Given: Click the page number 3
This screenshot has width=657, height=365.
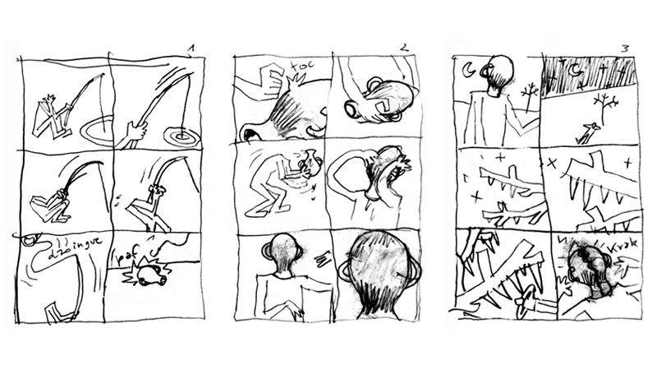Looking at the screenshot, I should point(626,49).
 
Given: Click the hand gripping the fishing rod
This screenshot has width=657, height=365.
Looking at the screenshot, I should point(135,132).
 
